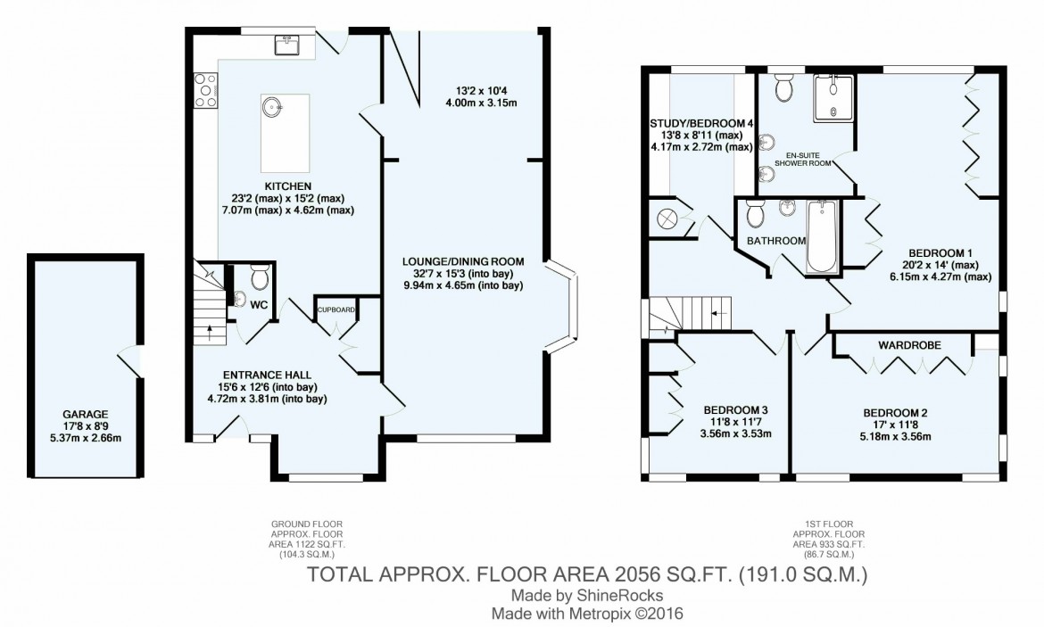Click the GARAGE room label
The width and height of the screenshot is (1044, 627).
pos(86,414)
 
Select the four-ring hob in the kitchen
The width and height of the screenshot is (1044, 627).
pos(205,90)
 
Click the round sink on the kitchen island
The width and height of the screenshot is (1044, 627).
pos(271,106)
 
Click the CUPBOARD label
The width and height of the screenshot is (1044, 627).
pos(336,310)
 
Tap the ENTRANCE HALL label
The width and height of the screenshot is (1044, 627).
pos(267,375)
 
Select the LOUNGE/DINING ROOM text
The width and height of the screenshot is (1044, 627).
pos(463,261)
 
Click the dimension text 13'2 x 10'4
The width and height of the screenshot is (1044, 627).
pos(481,90)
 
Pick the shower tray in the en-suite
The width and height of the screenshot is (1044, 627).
pos(833,97)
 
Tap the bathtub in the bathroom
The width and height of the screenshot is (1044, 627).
pos(823,236)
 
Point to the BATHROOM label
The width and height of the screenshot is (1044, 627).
pos(776,240)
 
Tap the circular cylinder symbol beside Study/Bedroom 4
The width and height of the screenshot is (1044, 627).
pos(666,219)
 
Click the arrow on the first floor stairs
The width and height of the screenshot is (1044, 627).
pos(717,312)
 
